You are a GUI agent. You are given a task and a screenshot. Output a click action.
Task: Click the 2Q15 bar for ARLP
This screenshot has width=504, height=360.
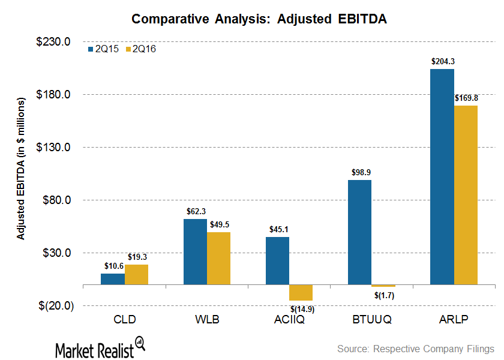click(442, 176)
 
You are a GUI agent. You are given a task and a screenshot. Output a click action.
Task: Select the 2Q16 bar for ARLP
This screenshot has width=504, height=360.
click(466, 194)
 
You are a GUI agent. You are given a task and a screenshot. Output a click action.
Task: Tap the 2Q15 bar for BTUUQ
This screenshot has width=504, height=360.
click(359, 232)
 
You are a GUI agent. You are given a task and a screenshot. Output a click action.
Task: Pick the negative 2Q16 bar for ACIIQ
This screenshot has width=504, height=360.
click(301, 292)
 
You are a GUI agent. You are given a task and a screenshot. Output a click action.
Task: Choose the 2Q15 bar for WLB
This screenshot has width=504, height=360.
click(195, 251)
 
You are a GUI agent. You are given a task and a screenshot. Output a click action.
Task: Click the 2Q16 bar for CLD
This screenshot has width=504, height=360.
click(136, 274)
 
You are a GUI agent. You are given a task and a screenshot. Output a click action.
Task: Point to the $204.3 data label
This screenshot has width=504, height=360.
click(442, 61)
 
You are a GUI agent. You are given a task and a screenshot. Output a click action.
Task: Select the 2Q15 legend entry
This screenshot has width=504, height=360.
click(104, 49)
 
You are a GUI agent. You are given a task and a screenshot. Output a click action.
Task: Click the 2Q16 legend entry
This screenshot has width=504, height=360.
click(141, 49)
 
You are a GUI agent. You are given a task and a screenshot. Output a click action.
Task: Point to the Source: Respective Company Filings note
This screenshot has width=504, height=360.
click(415, 349)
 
